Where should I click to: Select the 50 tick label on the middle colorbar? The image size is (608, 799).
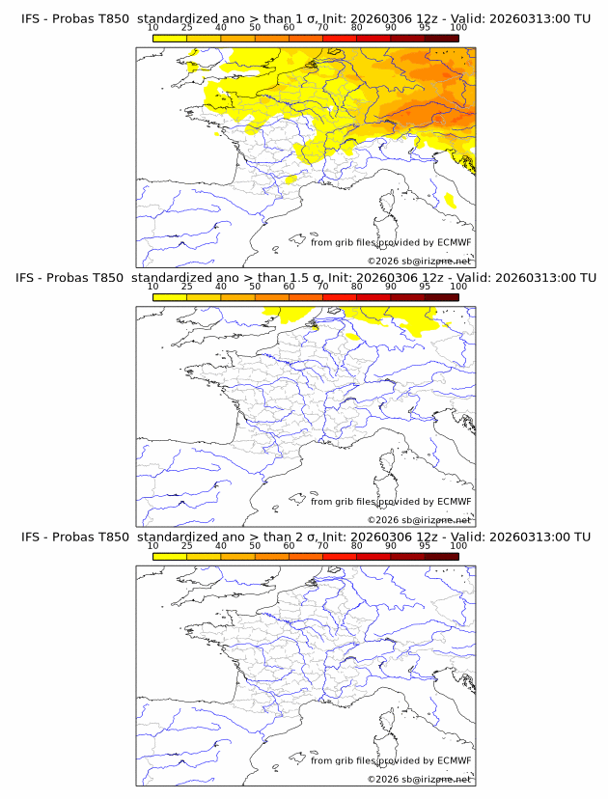(x=255, y=287)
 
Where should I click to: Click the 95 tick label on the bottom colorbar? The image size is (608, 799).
(x=425, y=545)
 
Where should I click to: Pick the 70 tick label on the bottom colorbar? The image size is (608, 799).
(x=322, y=545)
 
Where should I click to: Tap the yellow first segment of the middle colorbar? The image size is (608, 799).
(x=170, y=296)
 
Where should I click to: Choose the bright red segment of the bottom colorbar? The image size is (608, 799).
(x=340, y=556)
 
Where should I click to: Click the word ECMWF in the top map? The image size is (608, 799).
(x=454, y=242)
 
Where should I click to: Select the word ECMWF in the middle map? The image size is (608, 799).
(x=454, y=501)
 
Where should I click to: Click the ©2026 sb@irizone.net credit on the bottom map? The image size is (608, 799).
(x=419, y=779)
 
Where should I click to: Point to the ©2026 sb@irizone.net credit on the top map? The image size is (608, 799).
(x=419, y=262)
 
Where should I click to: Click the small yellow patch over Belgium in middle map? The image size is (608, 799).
(x=312, y=325)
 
